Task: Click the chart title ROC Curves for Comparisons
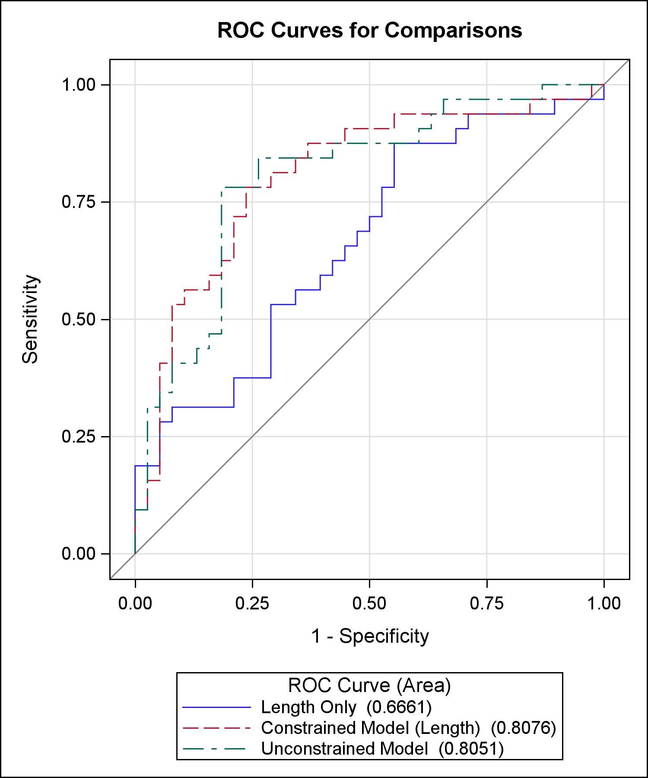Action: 369,30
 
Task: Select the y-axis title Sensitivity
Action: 30,319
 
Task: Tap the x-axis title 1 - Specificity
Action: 370,636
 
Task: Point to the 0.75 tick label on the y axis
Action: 79,202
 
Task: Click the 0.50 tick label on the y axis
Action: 79,319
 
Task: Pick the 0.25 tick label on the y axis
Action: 79,437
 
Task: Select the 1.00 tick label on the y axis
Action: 79,85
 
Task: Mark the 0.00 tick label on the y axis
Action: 79,554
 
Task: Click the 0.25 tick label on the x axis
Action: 252,603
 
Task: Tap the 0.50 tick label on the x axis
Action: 369,603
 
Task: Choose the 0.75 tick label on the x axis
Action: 487,603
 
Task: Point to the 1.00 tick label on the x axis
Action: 604,603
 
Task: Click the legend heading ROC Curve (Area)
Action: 369,686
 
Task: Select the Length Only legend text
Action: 308,707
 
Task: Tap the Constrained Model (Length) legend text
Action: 370,728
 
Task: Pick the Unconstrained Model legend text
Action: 344,749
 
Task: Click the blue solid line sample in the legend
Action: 216,707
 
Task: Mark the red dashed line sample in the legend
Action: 216,728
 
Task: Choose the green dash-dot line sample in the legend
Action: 216,749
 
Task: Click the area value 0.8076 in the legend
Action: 523,728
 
